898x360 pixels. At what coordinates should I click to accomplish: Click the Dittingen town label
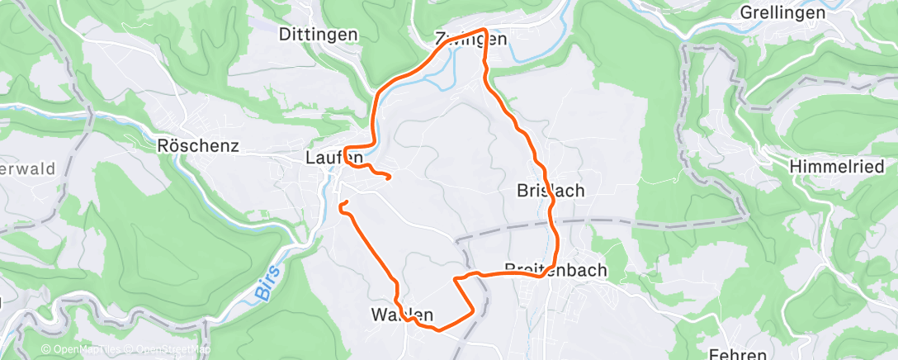[319, 35]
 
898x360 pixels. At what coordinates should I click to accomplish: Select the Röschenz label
[197, 146]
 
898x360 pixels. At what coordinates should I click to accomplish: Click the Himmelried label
[830, 166]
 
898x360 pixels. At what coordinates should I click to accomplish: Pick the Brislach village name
[550, 190]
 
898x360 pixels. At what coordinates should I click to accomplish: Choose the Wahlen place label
[402, 314]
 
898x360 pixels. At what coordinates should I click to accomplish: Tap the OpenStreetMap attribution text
[170, 350]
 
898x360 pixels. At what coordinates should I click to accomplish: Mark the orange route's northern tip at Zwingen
[485, 31]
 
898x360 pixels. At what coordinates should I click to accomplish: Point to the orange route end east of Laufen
[388, 175]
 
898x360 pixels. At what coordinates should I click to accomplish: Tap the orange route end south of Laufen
[341, 202]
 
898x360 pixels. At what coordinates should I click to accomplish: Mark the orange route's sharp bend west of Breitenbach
[456, 281]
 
